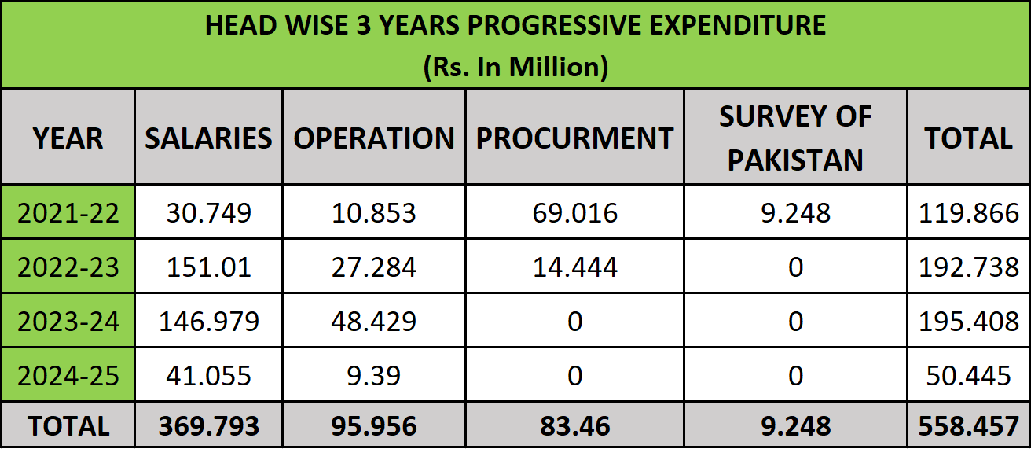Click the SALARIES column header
[208, 138]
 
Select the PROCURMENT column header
[574, 138]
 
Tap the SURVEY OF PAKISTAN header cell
[795, 138]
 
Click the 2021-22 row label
[68, 213]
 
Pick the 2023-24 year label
[68, 322]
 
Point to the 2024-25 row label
[68, 376]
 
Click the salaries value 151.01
[208, 267]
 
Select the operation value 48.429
[374, 322]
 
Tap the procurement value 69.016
[574, 213]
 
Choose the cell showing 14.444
[574, 267]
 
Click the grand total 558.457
[968, 426]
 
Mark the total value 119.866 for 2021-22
[968, 213]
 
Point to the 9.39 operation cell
[374, 376]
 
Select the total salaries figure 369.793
[208, 426]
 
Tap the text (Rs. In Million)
[515, 67]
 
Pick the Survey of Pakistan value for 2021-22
[795, 213]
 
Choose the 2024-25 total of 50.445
[968, 376]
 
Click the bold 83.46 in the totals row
[574, 426]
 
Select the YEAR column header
[68, 138]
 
